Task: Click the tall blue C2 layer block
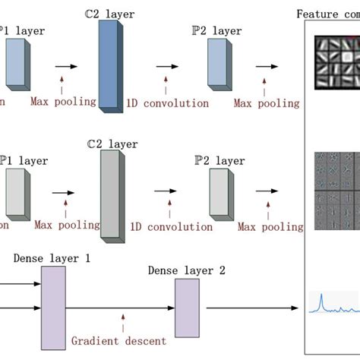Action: (x=109, y=67)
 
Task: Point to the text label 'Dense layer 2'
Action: (x=186, y=270)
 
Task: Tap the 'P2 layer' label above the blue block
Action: (x=219, y=30)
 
